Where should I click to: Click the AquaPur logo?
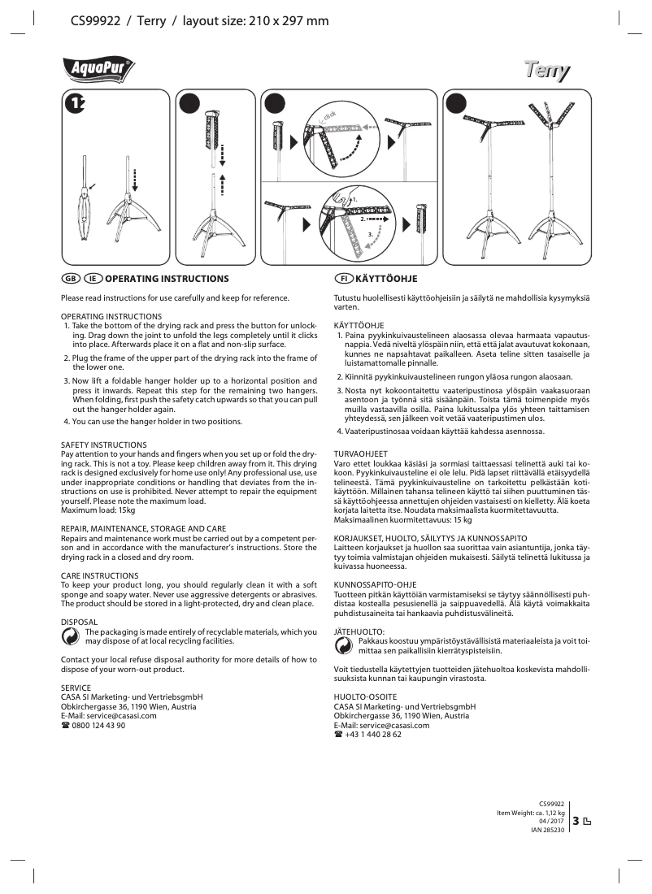(x=98, y=71)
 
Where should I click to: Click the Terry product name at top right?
(x=546, y=72)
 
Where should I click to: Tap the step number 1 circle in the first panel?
(x=76, y=103)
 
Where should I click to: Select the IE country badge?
(x=92, y=279)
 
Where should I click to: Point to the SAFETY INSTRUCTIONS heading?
(x=104, y=445)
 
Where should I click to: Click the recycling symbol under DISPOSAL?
(x=72, y=639)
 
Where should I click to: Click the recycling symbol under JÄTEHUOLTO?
(x=345, y=646)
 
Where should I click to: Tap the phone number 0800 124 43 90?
(x=98, y=726)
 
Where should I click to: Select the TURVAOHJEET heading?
(x=361, y=454)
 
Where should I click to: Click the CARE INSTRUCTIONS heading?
(x=100, y=575)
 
